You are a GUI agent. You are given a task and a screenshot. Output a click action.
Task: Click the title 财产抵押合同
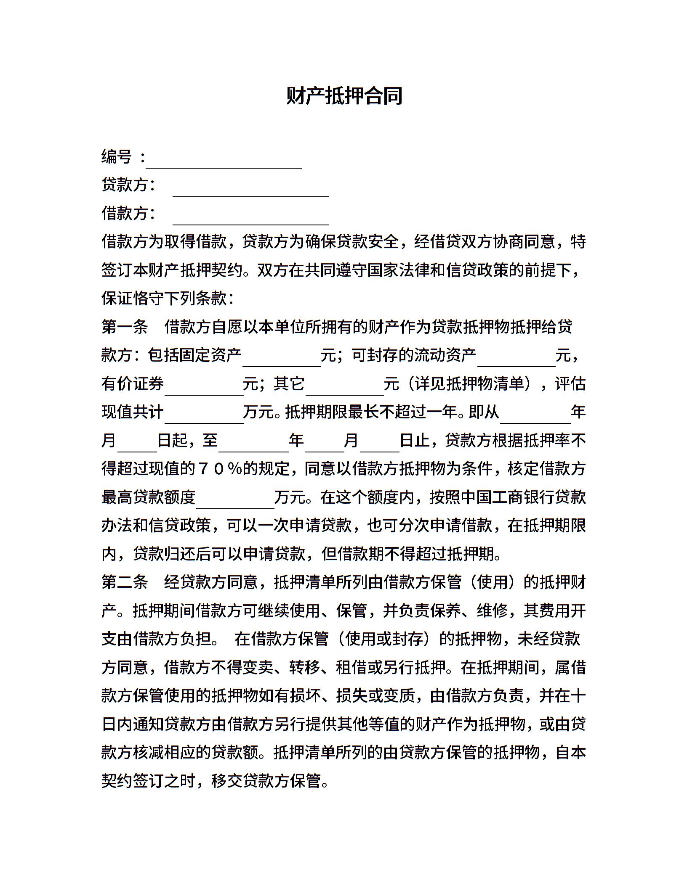click(344, 96)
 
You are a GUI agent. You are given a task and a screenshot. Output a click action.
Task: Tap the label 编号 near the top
click(117, 157)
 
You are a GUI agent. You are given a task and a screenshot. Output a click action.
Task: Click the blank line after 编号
click(224, 162)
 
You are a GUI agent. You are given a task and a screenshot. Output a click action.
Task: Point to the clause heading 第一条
click(125, 327)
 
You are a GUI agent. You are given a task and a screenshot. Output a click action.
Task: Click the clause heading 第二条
click(125, 582)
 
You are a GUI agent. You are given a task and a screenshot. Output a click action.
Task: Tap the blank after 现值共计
click(204, 417)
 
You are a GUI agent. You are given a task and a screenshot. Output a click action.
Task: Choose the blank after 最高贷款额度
click(235, 502)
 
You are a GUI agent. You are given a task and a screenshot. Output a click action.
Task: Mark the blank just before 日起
click(137, 446)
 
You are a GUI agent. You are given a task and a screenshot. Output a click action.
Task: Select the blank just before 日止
click(379, 446)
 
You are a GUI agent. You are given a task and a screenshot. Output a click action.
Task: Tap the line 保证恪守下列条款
click(168, 299)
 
